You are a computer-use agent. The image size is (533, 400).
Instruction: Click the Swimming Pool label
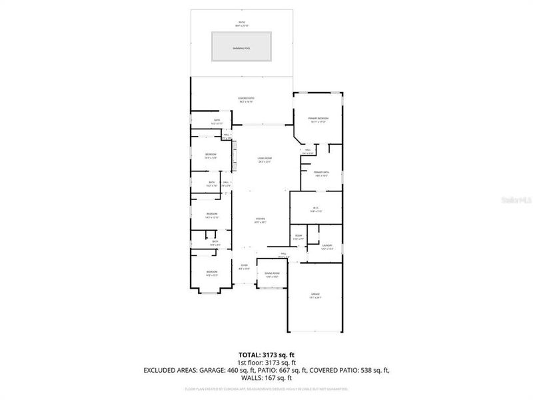242,49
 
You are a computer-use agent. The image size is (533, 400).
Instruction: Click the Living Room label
265,160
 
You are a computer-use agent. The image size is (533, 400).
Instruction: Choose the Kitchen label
261,220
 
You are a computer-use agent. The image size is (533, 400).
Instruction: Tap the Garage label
315,295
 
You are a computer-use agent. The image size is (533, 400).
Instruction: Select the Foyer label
245,267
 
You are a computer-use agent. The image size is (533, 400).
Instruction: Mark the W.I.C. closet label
316,208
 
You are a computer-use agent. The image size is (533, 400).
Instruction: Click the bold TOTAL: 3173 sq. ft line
266,354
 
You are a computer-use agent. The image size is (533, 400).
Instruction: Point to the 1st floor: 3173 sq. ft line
266,362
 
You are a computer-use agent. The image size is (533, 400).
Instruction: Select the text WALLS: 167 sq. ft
266,377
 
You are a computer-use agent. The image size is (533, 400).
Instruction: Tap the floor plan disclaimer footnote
266,388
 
